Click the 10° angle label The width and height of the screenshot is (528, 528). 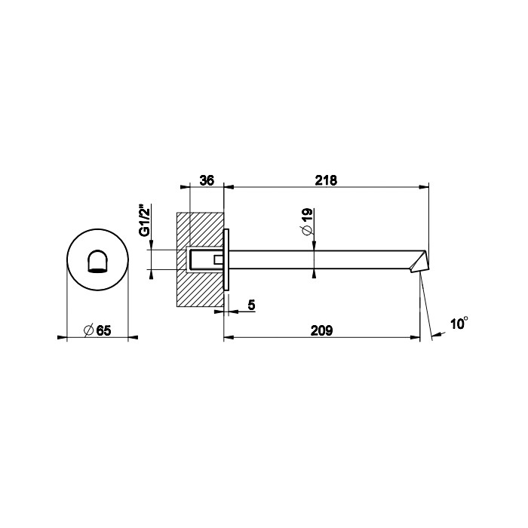(459, 324)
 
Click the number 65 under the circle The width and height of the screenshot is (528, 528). (103, 330)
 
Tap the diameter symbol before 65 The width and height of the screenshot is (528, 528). (88, 330)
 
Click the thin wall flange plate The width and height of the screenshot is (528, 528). (227, 260)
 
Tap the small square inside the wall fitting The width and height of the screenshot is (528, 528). (218, 260)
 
